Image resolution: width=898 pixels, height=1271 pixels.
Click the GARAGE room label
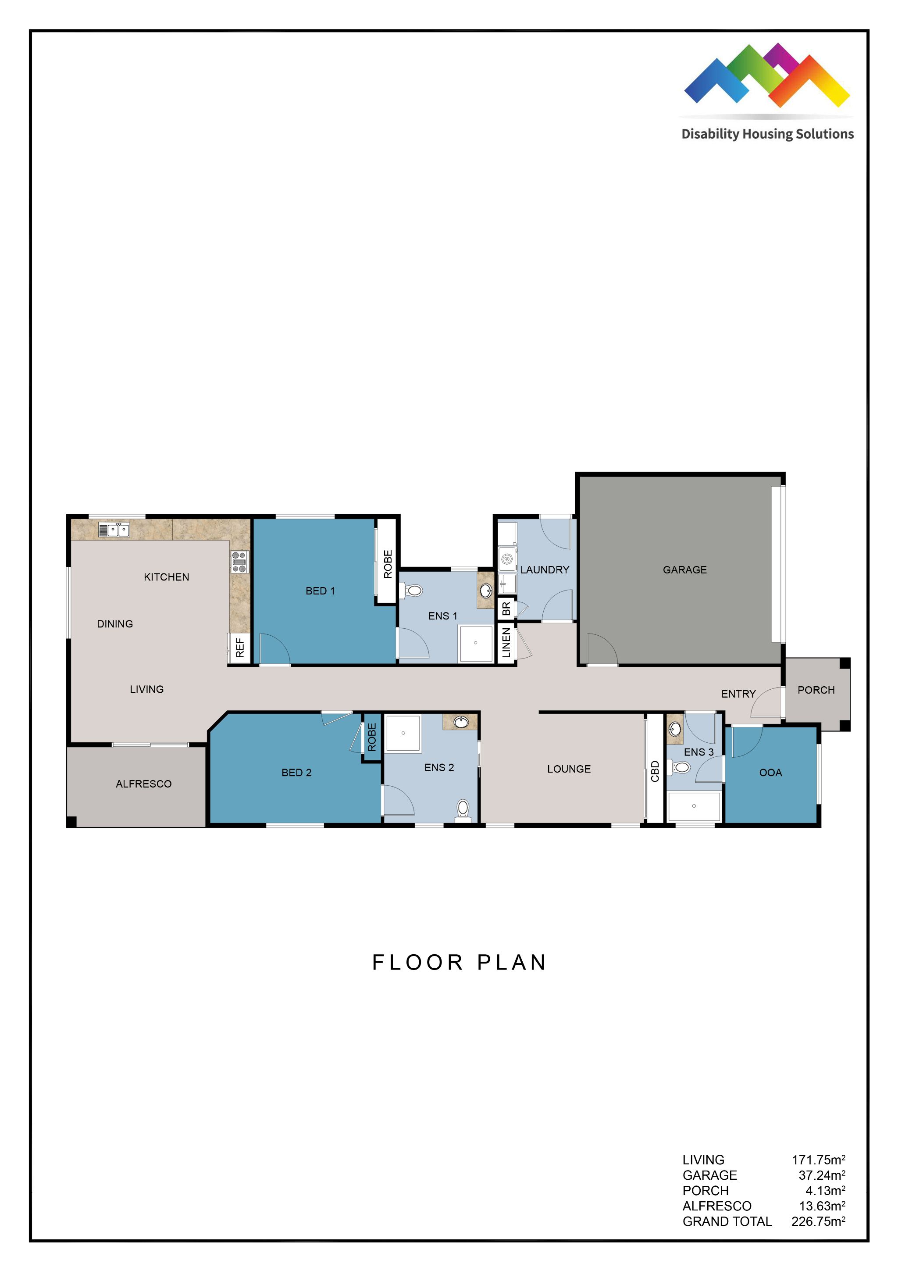pos(684,569)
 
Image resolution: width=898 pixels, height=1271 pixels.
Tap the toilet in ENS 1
pos(412,591)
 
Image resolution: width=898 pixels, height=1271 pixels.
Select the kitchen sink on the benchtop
pos(114,530)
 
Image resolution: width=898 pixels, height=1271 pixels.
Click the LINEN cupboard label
pos(506,643)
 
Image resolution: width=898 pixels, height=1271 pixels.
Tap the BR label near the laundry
pos(506,609)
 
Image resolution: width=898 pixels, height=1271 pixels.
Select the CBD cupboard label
pos(655,771)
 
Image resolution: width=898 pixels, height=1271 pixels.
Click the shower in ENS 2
pos(403,733)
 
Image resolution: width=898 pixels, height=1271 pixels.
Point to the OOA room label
pos(770,773)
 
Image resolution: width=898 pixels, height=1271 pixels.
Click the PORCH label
pos(816,690)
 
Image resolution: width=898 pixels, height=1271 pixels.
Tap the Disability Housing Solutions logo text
pos(767,134)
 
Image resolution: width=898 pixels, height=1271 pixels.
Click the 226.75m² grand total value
pos(818,1221)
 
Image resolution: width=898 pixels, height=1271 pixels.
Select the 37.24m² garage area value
pos(821,1174)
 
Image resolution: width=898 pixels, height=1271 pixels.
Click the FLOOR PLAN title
pos(459,963)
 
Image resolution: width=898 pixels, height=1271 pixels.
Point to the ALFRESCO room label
pos(144,784)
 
